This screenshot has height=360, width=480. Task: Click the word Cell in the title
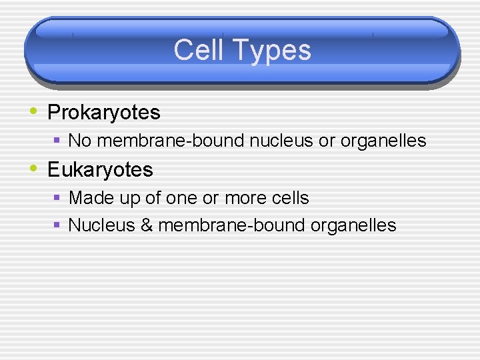click(x=197, y=51)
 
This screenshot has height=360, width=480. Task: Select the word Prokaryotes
click(x=104, y=113)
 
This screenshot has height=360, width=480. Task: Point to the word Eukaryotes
click(x=100, y=169)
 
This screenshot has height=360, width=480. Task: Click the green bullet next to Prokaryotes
click(x=35, y=111)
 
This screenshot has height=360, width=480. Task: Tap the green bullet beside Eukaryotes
click(x=35, y=168)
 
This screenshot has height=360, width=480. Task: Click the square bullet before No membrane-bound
click(x=58, y=141)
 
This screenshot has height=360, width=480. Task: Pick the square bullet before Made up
click(x=58, y=198)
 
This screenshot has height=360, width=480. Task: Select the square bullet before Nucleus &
click(x=58, y=225)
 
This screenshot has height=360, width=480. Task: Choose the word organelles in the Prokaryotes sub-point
click(x=383, y=141)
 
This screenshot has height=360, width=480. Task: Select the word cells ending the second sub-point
click(x=290, y=198)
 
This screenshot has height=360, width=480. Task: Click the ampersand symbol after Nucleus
click(x=147, y=225)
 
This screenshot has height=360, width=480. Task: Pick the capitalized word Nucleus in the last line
click(x=102, y=225)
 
